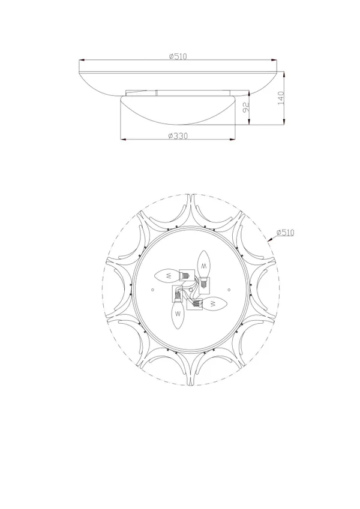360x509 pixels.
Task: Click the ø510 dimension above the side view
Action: click(178, 56)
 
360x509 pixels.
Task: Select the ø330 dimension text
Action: click(178, 136)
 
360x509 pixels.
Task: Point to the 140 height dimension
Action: click(281, 98)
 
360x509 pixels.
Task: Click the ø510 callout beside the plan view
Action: click(285, 233)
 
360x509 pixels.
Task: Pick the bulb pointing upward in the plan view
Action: click(204, 264)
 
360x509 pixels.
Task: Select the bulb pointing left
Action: click(167, 276)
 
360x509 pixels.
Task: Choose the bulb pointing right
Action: click(213, 303)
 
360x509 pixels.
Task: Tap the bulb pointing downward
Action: click(178, 314)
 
